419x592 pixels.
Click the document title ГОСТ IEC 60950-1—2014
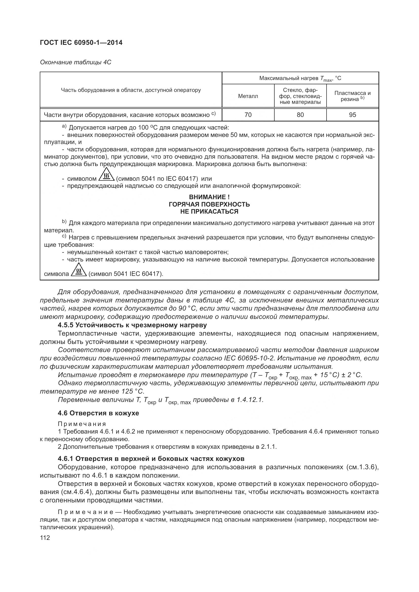pyautogui.click(x=81, y=43)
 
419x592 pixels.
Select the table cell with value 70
pyautogui.click(x=248, y=115)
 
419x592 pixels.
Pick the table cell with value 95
pyautogui.click(x=352, y=115)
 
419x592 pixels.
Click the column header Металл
pyautogui.click(x=248, y=96)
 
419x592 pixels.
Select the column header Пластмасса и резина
pyautogui.click(x=352, y=96)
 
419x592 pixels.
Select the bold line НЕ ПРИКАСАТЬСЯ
pyautogui.click(x=209, y=211)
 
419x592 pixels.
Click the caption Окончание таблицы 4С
pyautogui.click(x=75, y=63)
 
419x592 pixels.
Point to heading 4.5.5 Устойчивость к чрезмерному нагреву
pyautogui.click(x=132, y=325)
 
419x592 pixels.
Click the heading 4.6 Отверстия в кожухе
pyautogui.click(x=98, y=413)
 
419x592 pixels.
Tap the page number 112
pyautogui.click(x=45, y=538)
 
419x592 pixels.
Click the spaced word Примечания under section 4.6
pyautogui.click(x=82, y=424)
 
